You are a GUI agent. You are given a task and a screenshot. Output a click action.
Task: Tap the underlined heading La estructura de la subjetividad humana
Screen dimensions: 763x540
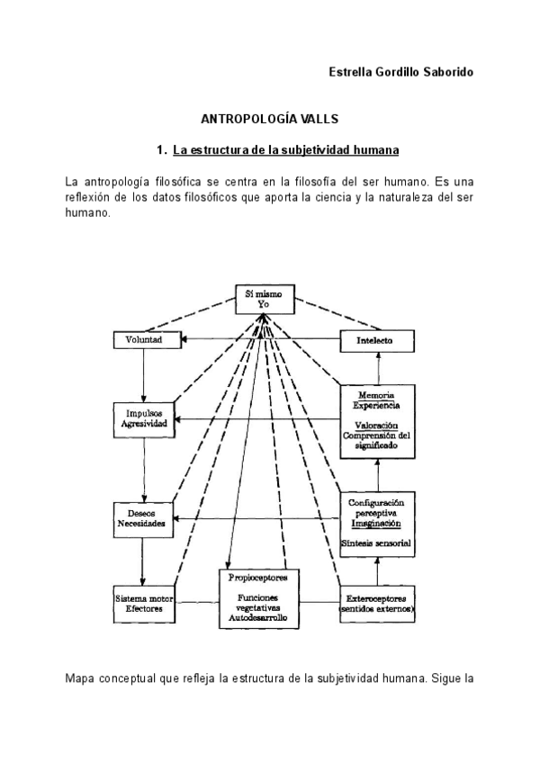click(x=285, y=148)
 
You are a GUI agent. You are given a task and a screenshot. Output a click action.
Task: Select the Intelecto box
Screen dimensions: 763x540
click(x=378, y=340)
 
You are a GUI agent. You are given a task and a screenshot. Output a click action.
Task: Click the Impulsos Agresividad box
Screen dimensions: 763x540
click(x=145, y=420)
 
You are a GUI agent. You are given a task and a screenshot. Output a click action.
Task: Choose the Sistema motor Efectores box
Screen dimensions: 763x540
click(x=144, y=603)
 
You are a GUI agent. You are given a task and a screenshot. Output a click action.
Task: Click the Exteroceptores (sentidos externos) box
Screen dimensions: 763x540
click(x=377, y=604)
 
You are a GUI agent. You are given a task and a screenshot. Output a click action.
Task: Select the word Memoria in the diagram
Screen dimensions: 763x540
click(x=377, y=396)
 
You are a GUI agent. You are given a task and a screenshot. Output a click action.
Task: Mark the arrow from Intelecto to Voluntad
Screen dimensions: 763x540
click(x=261, y=340)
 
